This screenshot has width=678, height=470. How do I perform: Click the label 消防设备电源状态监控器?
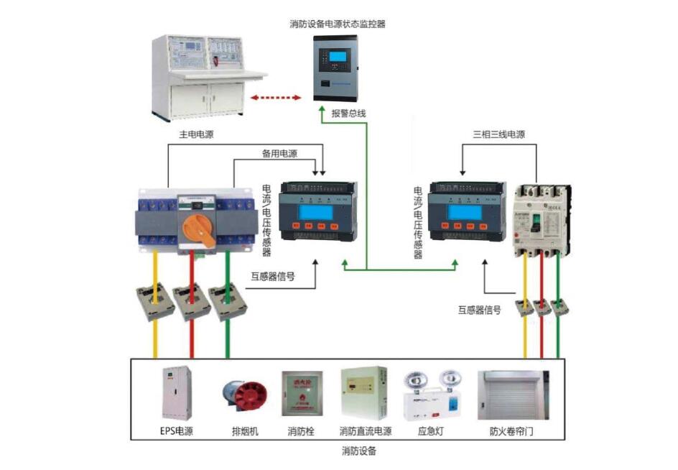tap(338, 24)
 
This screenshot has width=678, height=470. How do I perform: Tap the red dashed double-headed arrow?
tap(276, 96)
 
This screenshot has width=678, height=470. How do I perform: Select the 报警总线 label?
tap(348, 114)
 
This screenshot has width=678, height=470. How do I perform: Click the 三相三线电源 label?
tap(498, 134)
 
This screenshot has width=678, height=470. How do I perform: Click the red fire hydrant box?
tap(302, 395)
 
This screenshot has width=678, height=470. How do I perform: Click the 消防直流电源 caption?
tap(366, 432)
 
